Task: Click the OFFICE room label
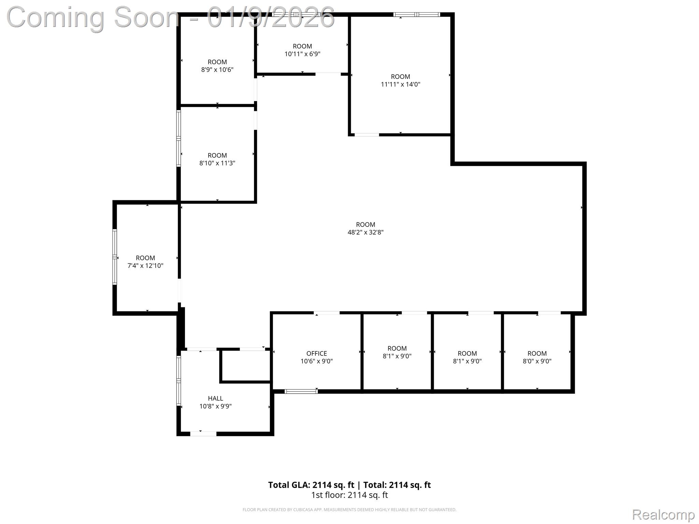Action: [316, 353]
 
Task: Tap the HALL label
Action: [215, 398]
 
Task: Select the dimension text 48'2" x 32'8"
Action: [365, 232]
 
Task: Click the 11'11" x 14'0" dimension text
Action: [400, 84]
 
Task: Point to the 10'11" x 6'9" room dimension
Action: [302, 54]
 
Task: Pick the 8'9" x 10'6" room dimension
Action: [217, 70]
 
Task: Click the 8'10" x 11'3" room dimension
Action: [217, 163]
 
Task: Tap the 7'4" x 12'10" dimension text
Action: [145, 266]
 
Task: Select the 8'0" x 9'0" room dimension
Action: [537, 361]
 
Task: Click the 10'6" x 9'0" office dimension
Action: [316, 361]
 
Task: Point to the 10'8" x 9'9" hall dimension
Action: [215, 406]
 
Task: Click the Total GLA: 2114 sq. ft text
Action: [311, 485]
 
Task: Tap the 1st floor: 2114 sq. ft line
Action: [349, 495]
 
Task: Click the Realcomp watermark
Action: [663, 515]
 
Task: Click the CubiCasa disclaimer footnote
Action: [349, 510]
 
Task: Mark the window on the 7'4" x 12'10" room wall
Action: [115, 257]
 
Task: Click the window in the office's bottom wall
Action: [301, 391]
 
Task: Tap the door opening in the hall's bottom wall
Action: [203, 434]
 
